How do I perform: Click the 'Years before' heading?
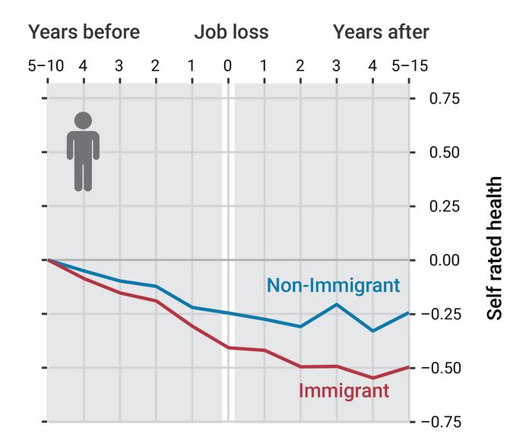coord(84,32)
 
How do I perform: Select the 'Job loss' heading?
coord(231,32)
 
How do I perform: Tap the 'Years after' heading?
coord(381,32)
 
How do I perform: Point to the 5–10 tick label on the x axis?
coord(46,66)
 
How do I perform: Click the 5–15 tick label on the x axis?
coord(410,66)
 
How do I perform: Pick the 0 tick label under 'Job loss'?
coord(227,66)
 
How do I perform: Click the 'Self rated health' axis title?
coord(495,249)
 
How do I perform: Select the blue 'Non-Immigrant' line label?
coord(333,286)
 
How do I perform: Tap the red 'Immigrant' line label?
coord(344,391)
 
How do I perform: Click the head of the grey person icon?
coord(83,120)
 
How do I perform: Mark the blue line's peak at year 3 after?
coord(336,304)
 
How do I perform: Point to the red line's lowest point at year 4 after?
coord(372,378)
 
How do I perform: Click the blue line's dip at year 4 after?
coord(372,331)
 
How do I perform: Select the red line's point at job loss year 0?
coord(227,347)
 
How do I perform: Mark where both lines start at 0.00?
coord(47,260)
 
